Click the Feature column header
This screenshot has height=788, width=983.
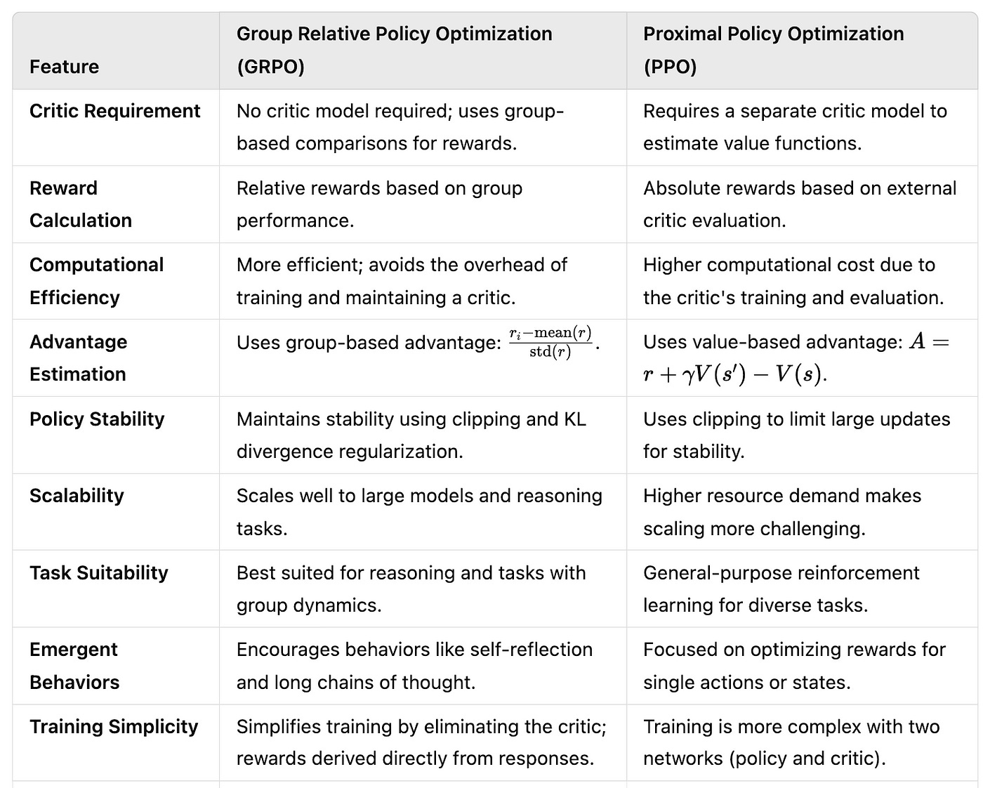[64, 67]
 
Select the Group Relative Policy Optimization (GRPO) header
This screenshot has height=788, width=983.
[394, 50]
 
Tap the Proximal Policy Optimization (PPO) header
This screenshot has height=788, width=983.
[773, 50]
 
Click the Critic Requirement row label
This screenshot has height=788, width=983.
[115, 111]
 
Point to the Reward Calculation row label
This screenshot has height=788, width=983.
[81, 204]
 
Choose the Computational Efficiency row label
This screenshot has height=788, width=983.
[96, 281]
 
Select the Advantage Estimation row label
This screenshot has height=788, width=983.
[78, 358]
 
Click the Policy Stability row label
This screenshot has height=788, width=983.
[97, 419]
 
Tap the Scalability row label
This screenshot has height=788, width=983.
[77, 496]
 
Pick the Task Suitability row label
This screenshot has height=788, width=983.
[99, 573]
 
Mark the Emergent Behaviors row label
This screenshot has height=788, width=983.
[74, 666]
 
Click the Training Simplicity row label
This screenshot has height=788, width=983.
[114, 727]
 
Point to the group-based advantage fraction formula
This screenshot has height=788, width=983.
[550, 342]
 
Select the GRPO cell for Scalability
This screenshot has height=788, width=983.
[419, 512]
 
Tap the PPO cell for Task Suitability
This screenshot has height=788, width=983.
[781, 589]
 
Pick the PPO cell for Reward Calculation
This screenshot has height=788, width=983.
[799, 204]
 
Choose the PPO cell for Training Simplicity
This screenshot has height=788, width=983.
[791, 742]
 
